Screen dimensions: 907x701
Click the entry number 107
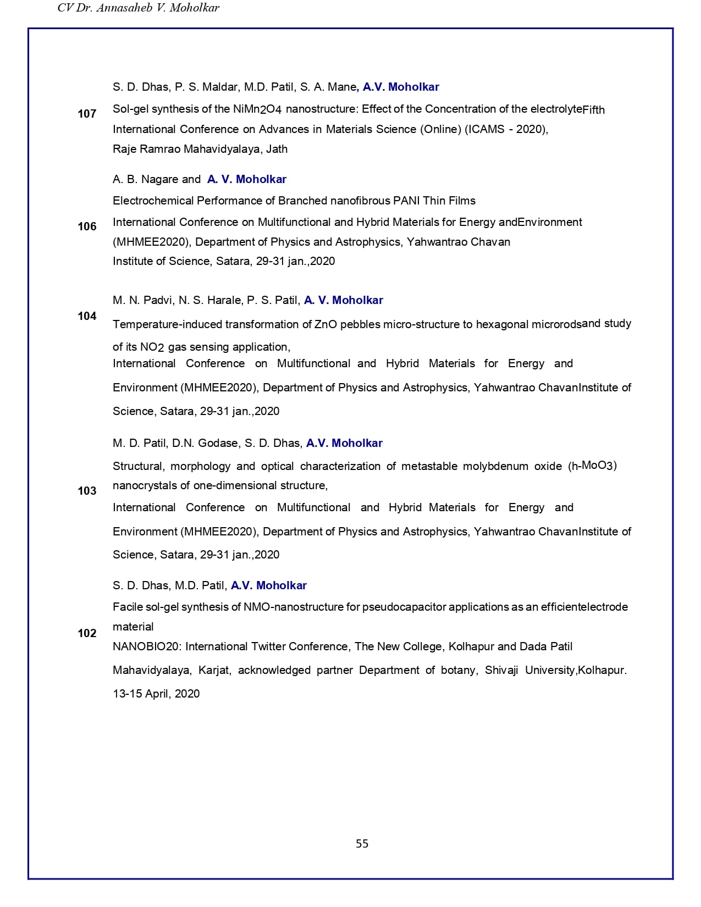click(87, 114)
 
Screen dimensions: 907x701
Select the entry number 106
click(87, 226)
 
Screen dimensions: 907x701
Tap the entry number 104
click(87, 316)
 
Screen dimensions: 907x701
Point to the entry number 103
click(87, 491)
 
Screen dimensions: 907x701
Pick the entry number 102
click(87, 633)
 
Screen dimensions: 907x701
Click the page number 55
click(362, 844)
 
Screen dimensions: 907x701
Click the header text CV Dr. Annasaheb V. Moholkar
click(138, 8)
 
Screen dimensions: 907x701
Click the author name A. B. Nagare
click(146, 179)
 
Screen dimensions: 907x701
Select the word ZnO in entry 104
click(325, 324)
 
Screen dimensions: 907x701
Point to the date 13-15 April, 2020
click(156, 694)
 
